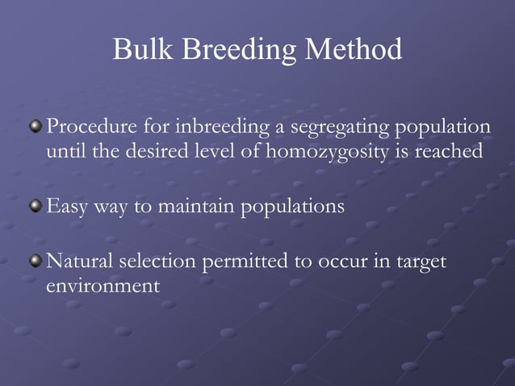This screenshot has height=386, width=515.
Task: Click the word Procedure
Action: (x=91, y=128)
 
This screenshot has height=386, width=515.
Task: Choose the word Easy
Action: (x=68, y=207)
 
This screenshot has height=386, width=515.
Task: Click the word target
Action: (x=421, y=262)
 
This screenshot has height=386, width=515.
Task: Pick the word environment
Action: (x=102, y=286)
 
